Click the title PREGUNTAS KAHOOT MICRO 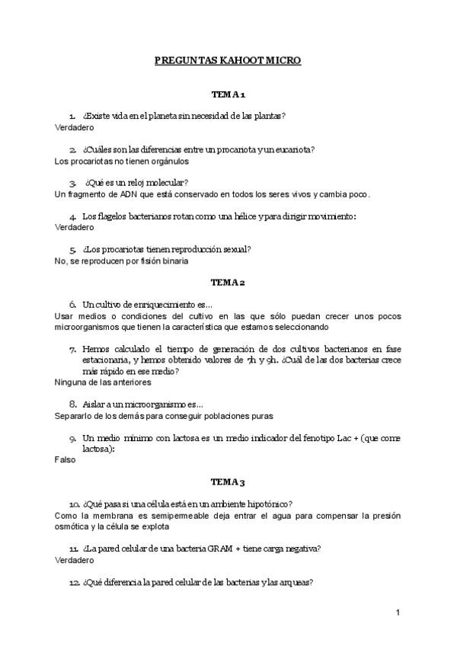[x=228, y=60]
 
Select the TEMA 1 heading [x=228, y=95]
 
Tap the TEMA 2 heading [x=228, y=283]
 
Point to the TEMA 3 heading [x=228, y=482]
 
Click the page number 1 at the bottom [x=398, y=612]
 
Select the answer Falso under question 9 [x=66, y=461]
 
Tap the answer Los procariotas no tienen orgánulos [x=122, y=161]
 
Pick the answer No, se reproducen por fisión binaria [x=122, y=261]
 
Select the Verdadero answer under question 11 [x=74, y=560]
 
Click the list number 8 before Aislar [x=73, y=405]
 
